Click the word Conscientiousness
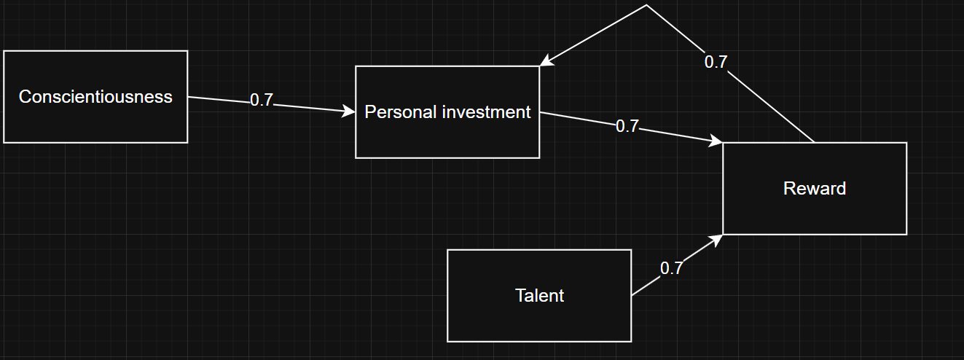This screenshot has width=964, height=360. click(x=95, y=96)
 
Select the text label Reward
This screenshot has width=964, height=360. click(x=815, y=189)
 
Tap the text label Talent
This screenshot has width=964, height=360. click(x=539, y=295)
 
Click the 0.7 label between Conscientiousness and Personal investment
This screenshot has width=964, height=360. click(x=261, y=101)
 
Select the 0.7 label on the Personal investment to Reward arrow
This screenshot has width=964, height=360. click(x=627, y=126)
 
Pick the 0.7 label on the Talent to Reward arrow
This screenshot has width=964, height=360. click(x=671, y=268)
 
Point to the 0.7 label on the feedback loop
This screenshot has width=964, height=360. click(x=716, y=62)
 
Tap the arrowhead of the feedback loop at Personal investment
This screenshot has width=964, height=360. click(x=545, y=63)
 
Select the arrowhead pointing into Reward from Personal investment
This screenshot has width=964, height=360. click(x=716, y=141)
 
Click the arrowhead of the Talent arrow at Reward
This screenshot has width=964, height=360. click(x=717, y=238)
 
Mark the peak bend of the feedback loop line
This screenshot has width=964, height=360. click(x=646, y=5)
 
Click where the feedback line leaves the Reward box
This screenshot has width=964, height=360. click(x=814, y=142)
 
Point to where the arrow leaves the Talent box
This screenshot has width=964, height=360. click(x=632, y=295)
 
